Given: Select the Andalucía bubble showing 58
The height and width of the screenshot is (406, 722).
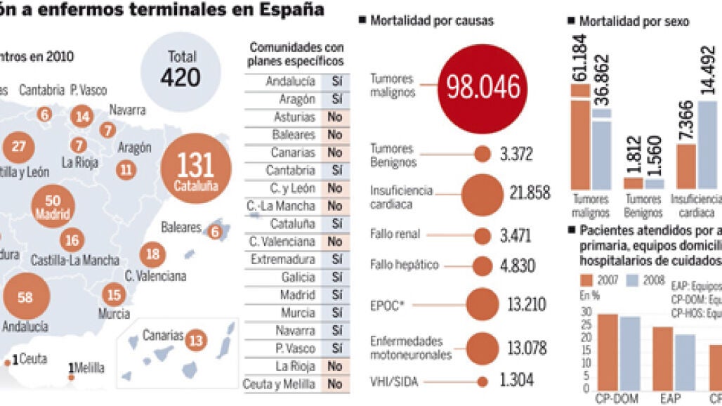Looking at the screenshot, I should (x=26, y=298).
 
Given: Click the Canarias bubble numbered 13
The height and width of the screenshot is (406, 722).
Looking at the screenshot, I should (x=196, y=341).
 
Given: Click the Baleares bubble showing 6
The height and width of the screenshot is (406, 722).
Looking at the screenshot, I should (x=215, y=232).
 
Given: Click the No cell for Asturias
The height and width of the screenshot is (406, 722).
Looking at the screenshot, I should (x=334, y=117).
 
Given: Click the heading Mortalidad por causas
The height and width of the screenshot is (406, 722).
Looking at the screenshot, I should (x=431, y=21).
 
